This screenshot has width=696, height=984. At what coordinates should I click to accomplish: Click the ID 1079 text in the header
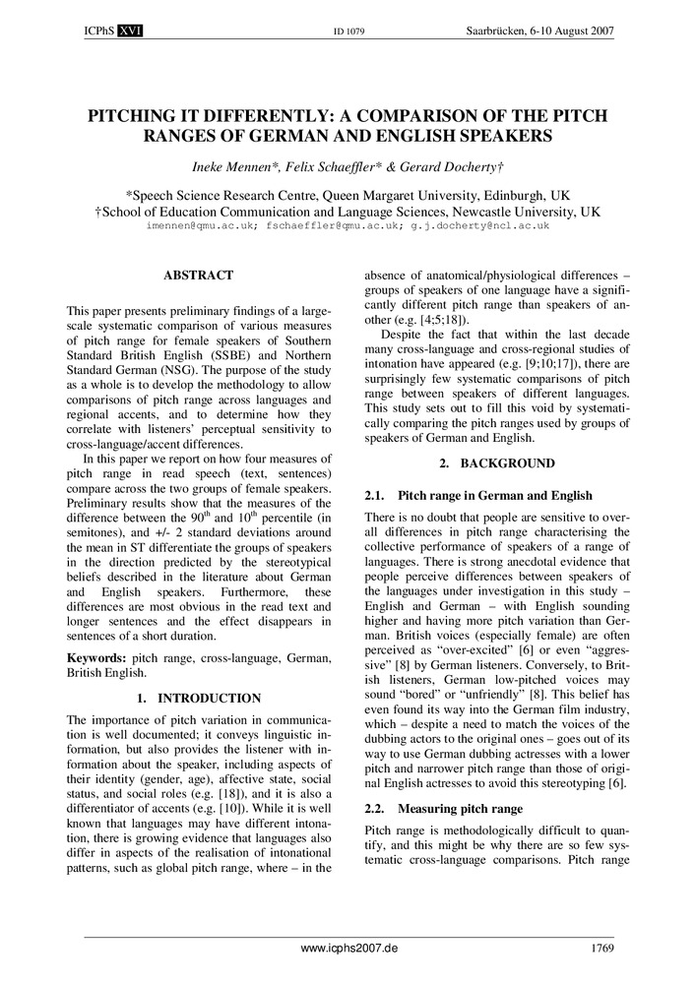point(348,32)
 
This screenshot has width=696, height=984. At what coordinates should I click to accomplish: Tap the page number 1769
point(602,951)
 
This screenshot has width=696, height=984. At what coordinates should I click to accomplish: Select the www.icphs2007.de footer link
point(348,951)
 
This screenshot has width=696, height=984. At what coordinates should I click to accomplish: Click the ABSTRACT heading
point(198,276)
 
